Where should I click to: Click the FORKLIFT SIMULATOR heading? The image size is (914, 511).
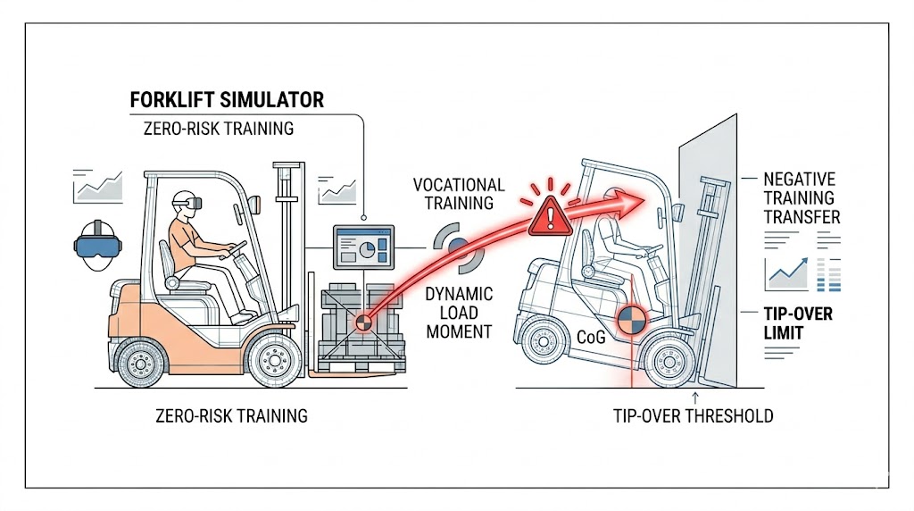pyautogui.click(x=227, y=99)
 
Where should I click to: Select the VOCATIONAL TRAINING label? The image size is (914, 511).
pyautogui.click(x=459, y=194)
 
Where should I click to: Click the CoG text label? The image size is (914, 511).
pyautogui.click(x=592, y=338)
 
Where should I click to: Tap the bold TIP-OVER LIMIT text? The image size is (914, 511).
pyautogui.click(x=798, y=323)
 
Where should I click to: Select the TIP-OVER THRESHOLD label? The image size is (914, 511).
pyautogui.click(x=693, y=415)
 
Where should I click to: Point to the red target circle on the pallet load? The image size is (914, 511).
pyautogui.click(x=363, y=323)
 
